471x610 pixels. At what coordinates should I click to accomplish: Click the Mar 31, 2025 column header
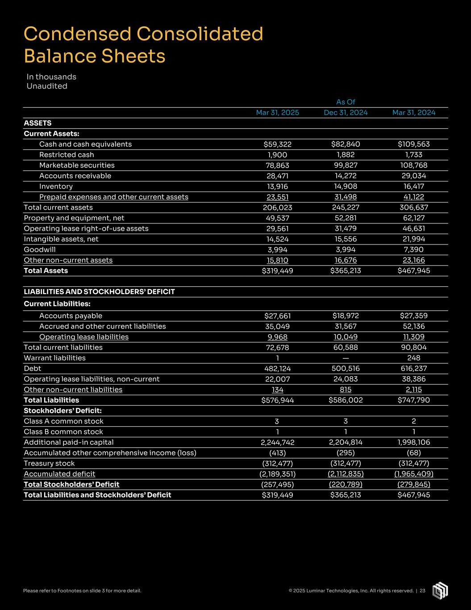coord(277,113)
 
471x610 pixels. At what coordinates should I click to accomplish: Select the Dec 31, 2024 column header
coord(346,113)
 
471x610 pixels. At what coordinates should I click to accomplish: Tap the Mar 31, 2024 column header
coord(414,113)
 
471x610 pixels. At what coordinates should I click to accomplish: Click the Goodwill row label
coord(40,249)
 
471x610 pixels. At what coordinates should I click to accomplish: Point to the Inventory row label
coord(56,186)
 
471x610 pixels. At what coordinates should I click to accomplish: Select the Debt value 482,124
coord(277,369)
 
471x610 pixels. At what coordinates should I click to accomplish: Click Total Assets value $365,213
coord(346,270)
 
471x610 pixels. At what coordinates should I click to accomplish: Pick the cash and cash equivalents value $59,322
coord(277,144)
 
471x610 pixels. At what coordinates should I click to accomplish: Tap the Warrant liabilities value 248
coord(414,358)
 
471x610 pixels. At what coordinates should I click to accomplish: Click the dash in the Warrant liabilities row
coord(346,358)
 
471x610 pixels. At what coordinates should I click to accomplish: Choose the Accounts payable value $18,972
coord(346,316)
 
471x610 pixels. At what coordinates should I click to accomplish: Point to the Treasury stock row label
coord(49,463)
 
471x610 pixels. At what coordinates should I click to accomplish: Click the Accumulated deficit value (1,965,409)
coord(414,474)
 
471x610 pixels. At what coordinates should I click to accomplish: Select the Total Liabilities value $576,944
coord(277,400)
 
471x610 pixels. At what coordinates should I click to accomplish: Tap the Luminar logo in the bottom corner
coord(440,590)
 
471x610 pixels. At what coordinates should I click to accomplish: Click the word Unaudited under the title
coord(47,86)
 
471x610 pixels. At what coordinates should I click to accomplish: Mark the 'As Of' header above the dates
coord(346,102)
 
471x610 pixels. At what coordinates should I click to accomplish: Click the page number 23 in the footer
coord(422,591)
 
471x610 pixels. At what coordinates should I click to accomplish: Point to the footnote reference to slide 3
coord(82,591)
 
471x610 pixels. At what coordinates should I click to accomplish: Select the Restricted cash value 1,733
coord(414,155)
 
